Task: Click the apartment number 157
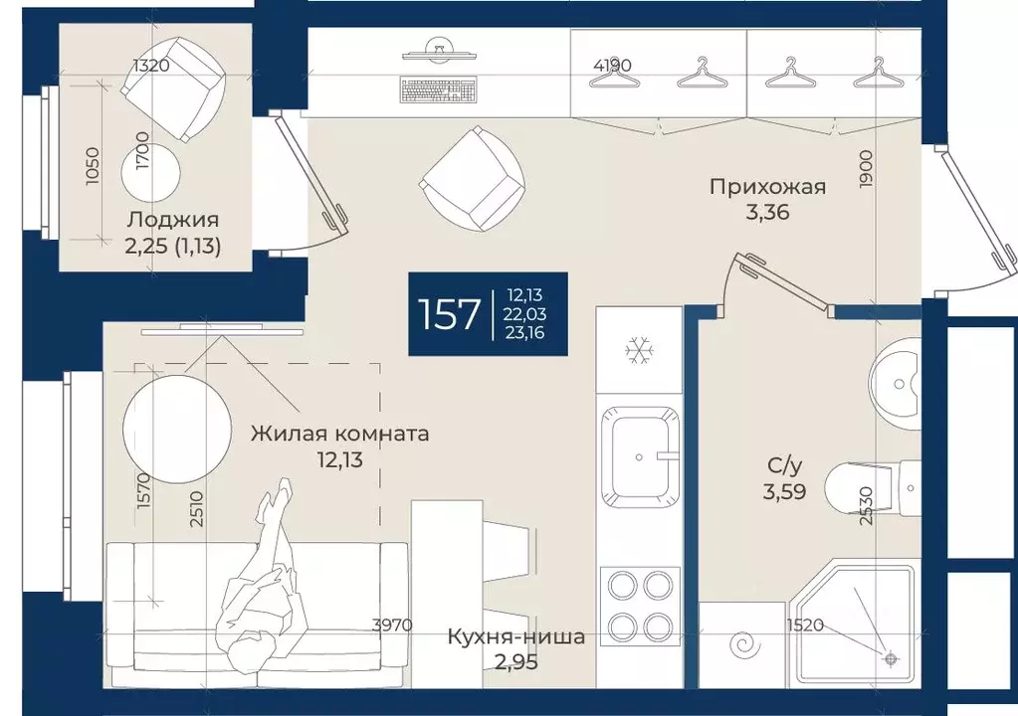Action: tap(450, 314)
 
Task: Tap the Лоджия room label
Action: tap(172, 221)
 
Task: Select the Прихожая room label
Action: tap(767, 186)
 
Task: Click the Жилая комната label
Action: tap(339, 434)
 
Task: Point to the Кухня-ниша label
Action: tap(515, 637)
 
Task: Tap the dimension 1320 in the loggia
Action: tap(152, 67)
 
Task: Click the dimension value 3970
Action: tap(392, 626)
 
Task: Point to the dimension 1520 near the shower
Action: tap(806, 626)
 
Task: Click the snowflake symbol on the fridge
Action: tap(637, 349)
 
